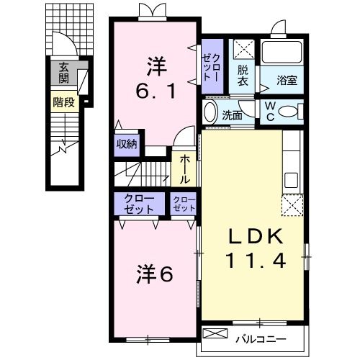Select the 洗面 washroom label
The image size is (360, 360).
[233, 114]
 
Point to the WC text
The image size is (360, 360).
[267, 112]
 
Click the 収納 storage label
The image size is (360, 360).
[127, 143]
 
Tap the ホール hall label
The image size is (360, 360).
[185, 168]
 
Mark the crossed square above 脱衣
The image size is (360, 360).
[243, 50]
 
